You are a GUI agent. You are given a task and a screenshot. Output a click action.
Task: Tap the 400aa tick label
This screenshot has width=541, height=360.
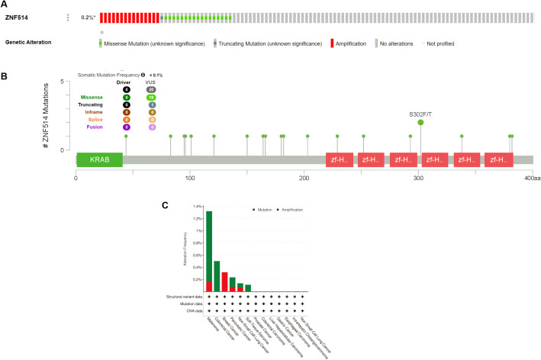[x=533, y=178]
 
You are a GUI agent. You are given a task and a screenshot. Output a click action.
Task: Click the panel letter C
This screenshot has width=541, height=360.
[x=168, y=204]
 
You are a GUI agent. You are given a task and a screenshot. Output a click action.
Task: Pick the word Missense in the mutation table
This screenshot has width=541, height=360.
[x=92, y=97]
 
